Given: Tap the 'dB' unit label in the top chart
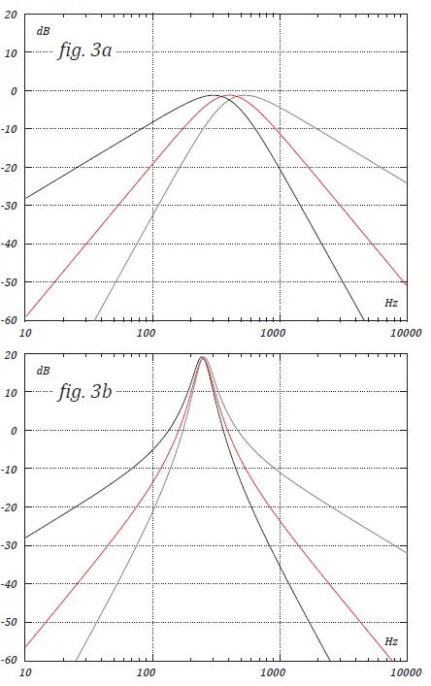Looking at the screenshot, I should pyautogui.click(x=43, y=30).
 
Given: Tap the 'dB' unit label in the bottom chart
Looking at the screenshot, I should pyautogui.click(x=43, y=370).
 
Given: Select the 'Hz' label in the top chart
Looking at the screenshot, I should pyautogui.click(x=391, y=303).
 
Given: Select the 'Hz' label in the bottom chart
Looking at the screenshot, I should pyautogui.click(x=391, y=642).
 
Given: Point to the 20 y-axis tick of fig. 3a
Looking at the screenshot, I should pyautogui.click(x=12, y=15).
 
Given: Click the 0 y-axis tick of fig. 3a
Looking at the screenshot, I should pyautogui.click(x=14, y=91).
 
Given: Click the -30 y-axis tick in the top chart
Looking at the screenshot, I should pyautogui.click(x=10, y=206).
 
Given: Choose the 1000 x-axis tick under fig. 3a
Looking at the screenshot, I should pyautogui.click(x=279, y=333).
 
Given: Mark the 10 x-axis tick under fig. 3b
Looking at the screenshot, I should pyautogui.click(x=25, y=672).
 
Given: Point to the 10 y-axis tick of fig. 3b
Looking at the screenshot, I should pyautogui.click(x=12, y=393).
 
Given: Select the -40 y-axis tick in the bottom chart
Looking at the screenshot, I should pyautogui.click(x=10, y=584).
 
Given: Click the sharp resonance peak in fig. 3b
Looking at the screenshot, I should pyautogui.click(x=203, y=358).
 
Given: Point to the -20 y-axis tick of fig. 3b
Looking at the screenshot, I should pyautogui.click(x=10, y=507).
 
